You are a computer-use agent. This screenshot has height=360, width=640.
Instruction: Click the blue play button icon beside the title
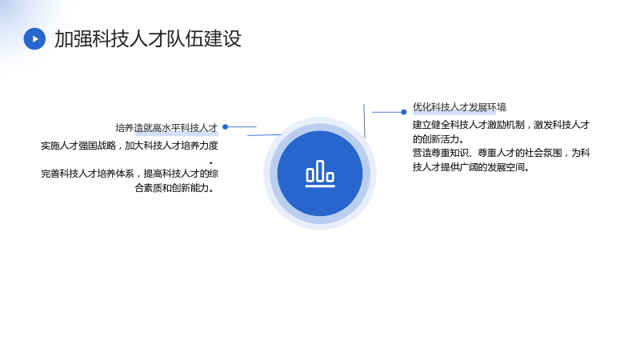coord(34,38)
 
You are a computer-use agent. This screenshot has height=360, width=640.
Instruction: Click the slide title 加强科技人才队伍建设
coord(148,38)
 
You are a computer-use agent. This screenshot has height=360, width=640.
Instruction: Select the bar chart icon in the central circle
coord(320,174)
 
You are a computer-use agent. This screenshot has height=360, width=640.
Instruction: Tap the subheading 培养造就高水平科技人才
coord(166,128)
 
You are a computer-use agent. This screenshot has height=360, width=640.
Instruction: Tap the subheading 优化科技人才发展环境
coord(459,107)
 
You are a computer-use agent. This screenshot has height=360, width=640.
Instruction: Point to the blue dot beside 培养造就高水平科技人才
coord(225,127)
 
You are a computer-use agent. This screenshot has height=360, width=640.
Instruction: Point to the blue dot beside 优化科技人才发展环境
coord(404,112)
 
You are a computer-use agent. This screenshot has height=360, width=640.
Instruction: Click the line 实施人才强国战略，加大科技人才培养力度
coord(130,146)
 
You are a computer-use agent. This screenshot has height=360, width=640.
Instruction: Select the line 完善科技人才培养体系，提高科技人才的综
coord(130,174)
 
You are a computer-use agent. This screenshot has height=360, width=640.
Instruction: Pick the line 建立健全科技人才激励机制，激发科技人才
coord(501,125)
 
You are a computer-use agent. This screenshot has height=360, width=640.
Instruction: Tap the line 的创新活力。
coord(438,138)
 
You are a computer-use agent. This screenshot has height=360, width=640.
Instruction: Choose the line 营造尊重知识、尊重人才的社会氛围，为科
coord(502,153)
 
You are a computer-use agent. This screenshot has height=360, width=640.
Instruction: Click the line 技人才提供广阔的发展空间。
coord(470,167)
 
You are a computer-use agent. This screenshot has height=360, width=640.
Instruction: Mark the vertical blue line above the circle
coord(364,121)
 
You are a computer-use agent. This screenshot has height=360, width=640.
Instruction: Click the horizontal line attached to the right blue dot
coord(386,112)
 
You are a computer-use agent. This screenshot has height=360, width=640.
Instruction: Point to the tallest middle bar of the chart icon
coord(320,170)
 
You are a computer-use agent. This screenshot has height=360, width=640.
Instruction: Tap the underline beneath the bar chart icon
coord(320,186)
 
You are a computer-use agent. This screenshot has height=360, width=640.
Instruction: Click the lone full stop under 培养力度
coord(210,163)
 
